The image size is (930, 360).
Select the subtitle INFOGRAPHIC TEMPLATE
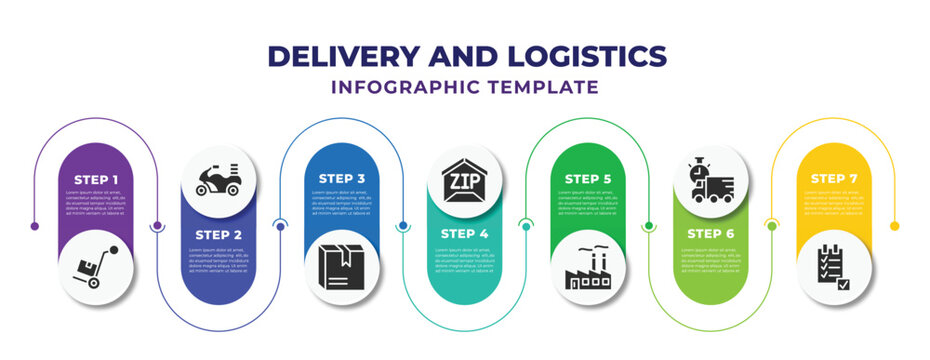click(465, 87)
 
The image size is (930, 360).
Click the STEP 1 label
click(96, 180)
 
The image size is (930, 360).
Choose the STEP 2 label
click(218, 234)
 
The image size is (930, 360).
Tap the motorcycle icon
click(218, 181)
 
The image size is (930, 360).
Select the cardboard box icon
click(343, 266)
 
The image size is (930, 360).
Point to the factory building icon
click(588, 268)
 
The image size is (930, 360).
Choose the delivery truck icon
click(716, 185)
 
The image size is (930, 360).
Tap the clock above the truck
click(696, 170)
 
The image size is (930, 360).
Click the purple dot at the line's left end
click(35, 226)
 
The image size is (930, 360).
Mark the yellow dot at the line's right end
click(895, 226)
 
